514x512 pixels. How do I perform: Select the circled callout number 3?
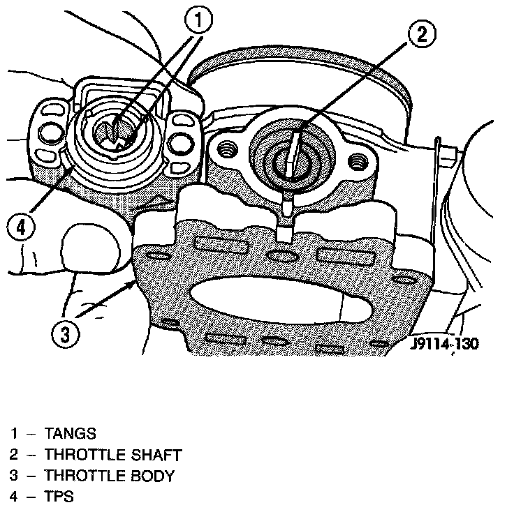(65, 334)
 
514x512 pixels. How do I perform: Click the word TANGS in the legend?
(71, 434)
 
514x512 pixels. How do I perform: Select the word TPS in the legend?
(59, 498)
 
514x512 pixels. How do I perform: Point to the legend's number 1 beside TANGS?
(13, 434)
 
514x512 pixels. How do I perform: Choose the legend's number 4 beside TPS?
(13, 498)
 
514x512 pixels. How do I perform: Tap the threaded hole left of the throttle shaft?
(226, 149)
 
